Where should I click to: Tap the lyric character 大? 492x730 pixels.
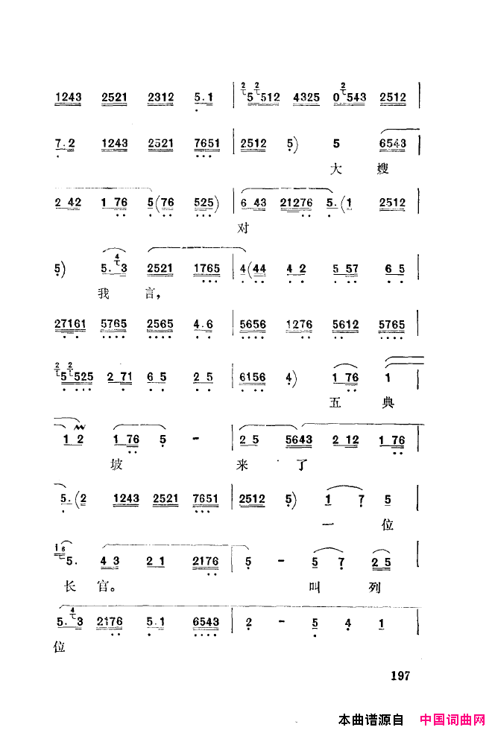tap(335, 169)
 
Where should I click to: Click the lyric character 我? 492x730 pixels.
tap(103, 293)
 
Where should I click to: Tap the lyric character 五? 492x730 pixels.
tap(335, 403)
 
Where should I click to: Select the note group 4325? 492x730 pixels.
tap(307, 97)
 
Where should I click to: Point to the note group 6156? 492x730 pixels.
tap(249, 378)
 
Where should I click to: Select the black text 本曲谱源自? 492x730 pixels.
tap(370, 720)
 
